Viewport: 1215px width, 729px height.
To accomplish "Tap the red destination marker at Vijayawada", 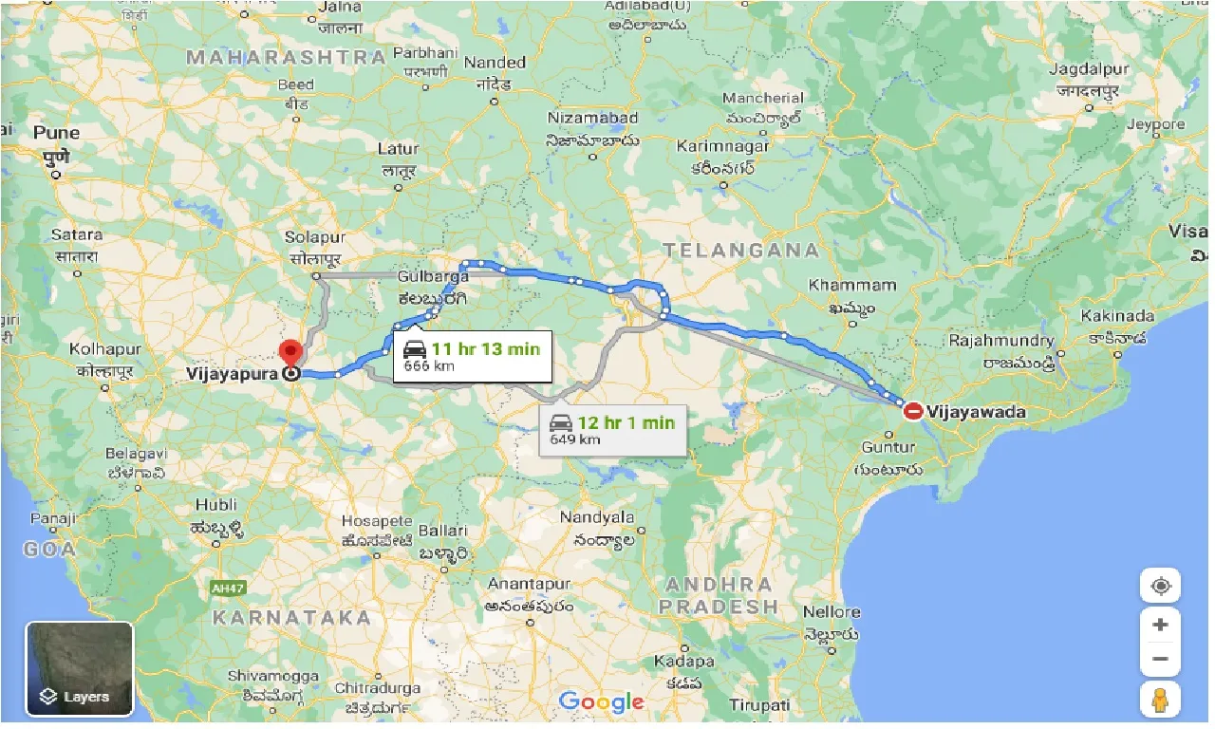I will pyautogui.click(x=913, y=411).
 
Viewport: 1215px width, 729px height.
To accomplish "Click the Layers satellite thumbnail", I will pyautogui.click(x=80, y=668).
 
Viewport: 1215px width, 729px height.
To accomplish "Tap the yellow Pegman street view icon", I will pyautogui.click(x=1160, y=700).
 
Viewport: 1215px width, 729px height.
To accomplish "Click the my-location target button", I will pyautogui.click(x=1160, y=586).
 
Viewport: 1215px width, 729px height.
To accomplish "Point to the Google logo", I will pyautogui.click(x=601, y=702).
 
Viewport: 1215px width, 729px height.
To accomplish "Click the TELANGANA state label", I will pyautogui.click(x=741, y=251).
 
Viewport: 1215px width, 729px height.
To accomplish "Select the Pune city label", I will pyautogui.click(x=56, y=133).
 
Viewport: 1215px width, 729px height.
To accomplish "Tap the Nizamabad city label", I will pyautogui.click(x=592, y=118).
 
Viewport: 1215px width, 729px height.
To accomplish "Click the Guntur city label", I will pyautogui.click(x=889, y=446).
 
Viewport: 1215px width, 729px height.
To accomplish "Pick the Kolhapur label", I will pyautogui.click(x=105, y=349).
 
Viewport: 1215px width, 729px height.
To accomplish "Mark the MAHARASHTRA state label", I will pyautogui.click(x=286, y=57).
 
